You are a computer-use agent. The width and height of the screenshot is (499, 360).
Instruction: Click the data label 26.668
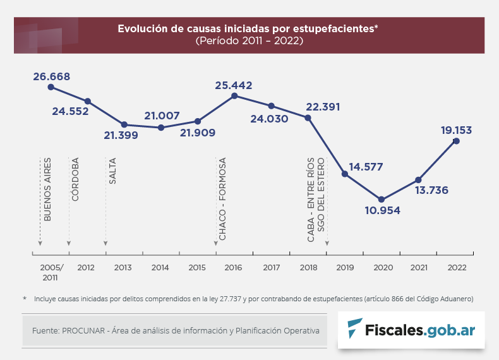point(52,77)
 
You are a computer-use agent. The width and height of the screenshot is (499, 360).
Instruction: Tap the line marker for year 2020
point(381,200)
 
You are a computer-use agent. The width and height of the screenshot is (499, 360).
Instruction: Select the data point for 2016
point(234,95)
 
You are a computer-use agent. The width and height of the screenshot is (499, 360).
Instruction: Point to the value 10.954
point(382,210)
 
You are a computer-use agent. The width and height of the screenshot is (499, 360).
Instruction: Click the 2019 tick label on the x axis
point(345,267)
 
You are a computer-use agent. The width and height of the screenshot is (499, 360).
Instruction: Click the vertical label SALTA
point(112,171)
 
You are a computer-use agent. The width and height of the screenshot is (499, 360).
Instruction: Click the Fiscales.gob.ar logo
point(411,329)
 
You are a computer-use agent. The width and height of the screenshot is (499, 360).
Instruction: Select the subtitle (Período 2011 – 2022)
point(249,40)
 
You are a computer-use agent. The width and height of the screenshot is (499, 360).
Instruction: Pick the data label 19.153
point(457,130)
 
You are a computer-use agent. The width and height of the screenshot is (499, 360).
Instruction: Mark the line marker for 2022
point(456,141)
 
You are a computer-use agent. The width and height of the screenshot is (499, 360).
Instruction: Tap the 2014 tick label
point(160,267)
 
